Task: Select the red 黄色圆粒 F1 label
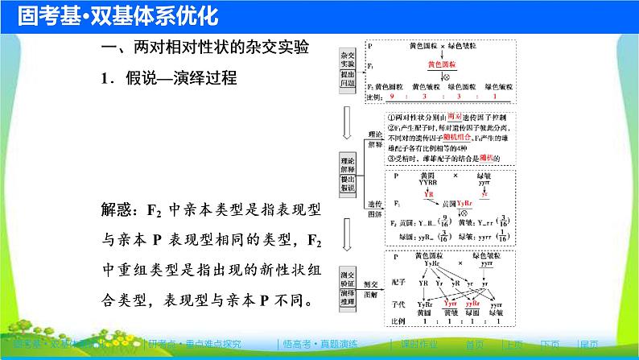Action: pos(441,64)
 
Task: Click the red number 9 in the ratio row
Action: pos(394,95)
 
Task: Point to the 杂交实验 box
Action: pos(347,55)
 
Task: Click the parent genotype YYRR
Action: pos(427,181)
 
